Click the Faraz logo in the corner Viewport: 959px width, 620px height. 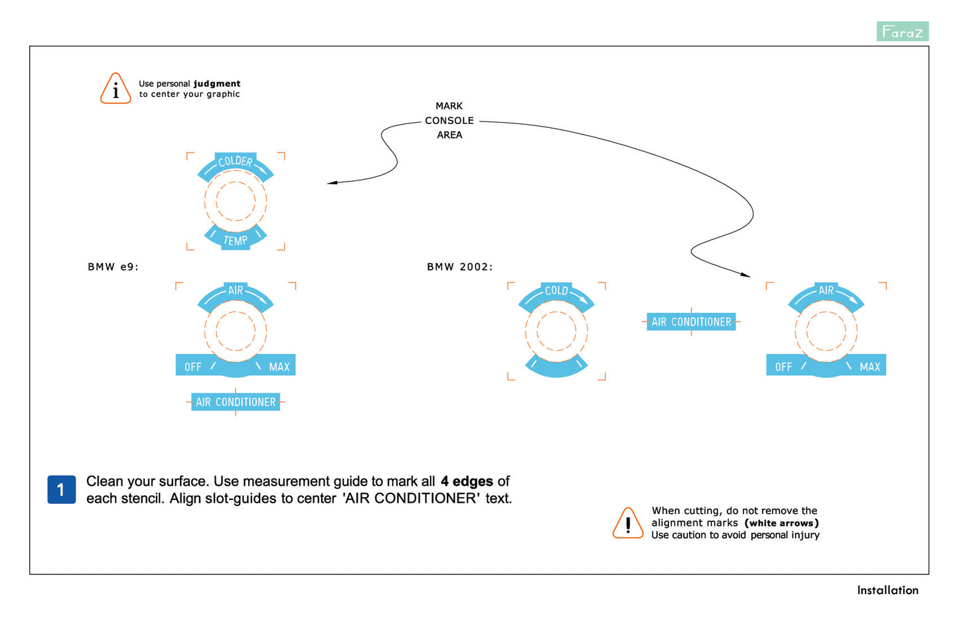point(902,31)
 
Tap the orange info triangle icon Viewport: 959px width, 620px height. point(115,89)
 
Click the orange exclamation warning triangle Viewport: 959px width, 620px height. point(628,523)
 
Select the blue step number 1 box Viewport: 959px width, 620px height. point(61,489)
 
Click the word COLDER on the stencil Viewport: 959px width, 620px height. point(236,161)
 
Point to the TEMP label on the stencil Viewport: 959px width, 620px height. point(236,240)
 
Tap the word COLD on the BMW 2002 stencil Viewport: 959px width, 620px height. point(556,290)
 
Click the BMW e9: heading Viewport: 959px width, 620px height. point(113,267)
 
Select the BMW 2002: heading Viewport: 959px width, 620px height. point(459,267)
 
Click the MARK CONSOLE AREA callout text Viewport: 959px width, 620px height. point(449,120)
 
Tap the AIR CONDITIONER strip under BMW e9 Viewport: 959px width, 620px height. point(236,402)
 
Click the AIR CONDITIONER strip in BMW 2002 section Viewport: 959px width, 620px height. point(691,322)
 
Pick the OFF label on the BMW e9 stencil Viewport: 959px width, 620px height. point(193,367)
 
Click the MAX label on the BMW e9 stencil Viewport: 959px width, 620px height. point(279,367)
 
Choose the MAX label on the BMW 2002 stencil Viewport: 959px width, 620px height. point(869,367)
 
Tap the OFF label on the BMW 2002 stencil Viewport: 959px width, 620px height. point(783,367)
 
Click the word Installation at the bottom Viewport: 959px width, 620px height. point(887,589)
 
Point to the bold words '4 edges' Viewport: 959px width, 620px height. point(467,481)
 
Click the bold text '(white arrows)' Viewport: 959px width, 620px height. point(781,523)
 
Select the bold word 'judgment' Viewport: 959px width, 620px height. point(217,84)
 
